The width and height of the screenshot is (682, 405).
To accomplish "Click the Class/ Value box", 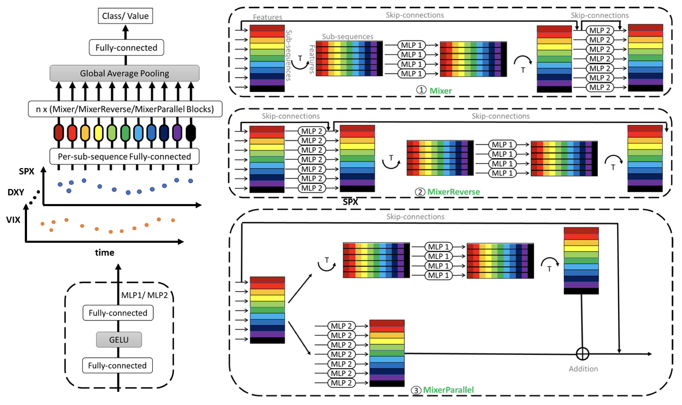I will pyautogui.click(x=125, y=16).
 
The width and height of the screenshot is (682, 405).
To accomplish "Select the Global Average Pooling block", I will pyautogui.click(x=124, y=73).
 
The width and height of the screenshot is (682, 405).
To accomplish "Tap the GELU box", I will pyautogui.click(x=119, y=340).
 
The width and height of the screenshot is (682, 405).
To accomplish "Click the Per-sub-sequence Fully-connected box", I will pyautogui.click(x=124, y=156).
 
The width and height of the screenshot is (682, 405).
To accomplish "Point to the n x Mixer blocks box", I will pyautogui.click(x=125, y=109).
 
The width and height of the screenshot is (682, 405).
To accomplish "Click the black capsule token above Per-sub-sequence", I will pyautogui.click(x=191, y=133).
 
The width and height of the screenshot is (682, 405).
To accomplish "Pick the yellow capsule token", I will pyautogui.click(x=98, y=133).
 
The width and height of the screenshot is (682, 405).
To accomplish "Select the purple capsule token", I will pyautogui.click(x=177, y=133).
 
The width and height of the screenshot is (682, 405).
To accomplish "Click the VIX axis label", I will pyautogui.click(x=13, y=220).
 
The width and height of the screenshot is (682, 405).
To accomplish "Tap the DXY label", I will pyautogui.click(x=16, y=192).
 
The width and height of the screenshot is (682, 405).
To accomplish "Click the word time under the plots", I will pyautogui.click(x=105, y=253).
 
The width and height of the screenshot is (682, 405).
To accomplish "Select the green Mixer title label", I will pyautogui.click(x=441, y=91).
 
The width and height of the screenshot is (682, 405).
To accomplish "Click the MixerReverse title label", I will pyautogui.click(x=454, y=192).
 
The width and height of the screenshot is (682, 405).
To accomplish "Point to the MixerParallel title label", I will pyautogui.click(x=448, y=390).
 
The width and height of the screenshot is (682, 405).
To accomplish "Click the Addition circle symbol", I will pyautogui.click(x=582, y=354).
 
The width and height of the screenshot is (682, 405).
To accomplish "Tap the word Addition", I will pyautogui.click(x=583, y=369).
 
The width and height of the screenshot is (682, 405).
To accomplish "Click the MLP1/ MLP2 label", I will pyautogui.click(x=144, y=295).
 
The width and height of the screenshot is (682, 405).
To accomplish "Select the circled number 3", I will pyautogui.click(x=416, y=390).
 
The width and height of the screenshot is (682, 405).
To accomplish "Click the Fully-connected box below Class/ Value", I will pyautogui.click(x=126, y=48).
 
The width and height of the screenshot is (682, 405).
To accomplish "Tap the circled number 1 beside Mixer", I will pyautogui.click(x=421, y=90).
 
